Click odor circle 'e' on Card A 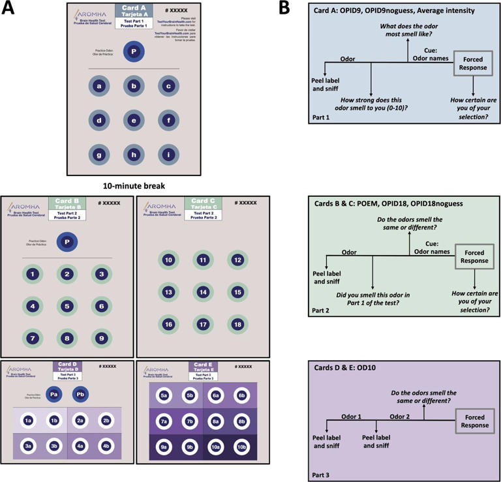click(133, 119)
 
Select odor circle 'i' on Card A click(168, 154)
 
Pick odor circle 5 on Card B click(67, 305)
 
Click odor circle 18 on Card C click(238, 324)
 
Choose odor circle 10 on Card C click(168, 260)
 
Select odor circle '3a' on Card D click(28, 445)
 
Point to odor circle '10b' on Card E click(241, 447)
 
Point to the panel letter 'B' click(286, 8)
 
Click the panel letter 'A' click(7, 8)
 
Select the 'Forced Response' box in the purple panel click(474, 421)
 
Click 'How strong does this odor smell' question click(372, 102)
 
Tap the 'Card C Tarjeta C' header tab click(204, 205)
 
